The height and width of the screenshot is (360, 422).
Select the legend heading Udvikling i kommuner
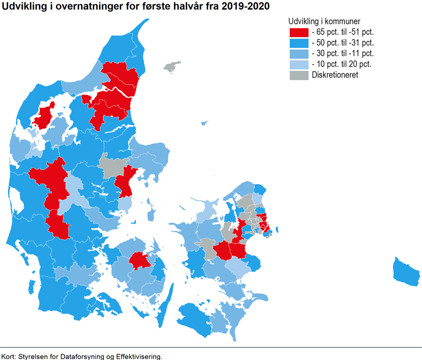(324, 21)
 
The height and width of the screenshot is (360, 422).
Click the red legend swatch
(299, 32)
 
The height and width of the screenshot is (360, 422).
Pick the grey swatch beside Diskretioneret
(299, 75)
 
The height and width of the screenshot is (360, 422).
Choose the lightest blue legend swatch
(299, 64)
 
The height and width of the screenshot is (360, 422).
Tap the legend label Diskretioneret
(334, 75)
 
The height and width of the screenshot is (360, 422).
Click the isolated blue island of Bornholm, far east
(406, 272)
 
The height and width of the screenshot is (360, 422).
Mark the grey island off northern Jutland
(171, 67)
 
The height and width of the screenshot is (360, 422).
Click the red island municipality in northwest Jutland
(43, 116)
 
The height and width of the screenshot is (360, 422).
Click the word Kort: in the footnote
(9, 356)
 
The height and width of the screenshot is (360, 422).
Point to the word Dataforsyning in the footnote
(81, 356)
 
